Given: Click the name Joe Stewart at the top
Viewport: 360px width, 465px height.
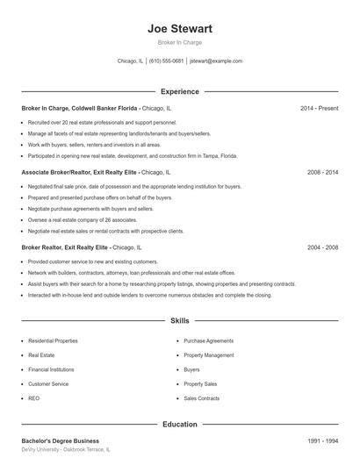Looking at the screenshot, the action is pyautogui.click(x=179, y=28).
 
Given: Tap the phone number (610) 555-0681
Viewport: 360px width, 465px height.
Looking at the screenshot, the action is pyautogui.click(x=166, y=61).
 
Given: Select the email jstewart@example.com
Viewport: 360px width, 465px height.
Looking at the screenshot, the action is pyautogui.click(x=216, y=61).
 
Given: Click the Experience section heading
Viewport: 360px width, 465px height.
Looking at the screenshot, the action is pyautogui.click(x=179, y=91).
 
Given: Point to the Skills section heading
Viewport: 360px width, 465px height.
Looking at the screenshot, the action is pyautogui.click(x=179, y=322).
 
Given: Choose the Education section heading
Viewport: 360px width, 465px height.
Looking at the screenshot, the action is pyautogui.click(x=179, y=424).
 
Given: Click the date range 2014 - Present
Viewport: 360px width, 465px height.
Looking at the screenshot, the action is pyautogui.click(x=318, y=108).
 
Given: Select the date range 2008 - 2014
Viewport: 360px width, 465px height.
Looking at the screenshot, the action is pyautogui.click(x=321, y=173).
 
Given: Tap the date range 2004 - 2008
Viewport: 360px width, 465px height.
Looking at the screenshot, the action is pyautogui.click(x=321, y=247).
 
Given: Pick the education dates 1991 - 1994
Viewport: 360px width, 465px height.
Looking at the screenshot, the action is pyautogui.click(x=321, y=440).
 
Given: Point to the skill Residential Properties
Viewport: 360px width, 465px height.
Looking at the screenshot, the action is pyautogui.click(x=53, y=340).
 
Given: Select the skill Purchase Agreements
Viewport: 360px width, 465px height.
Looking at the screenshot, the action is pyautogui.click(x=209, y=340).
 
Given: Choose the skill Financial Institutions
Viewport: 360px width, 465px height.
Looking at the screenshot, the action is pyautogui.click(x=51, y=369).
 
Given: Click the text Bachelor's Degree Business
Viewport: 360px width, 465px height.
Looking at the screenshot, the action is pyautogui.click(x=60, y=440).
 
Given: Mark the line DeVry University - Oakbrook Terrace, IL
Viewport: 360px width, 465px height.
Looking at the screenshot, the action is pyautogui.click(x=66, y=449).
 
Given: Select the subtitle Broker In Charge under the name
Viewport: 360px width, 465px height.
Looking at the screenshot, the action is pyautogui.click(x=179, y=43).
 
